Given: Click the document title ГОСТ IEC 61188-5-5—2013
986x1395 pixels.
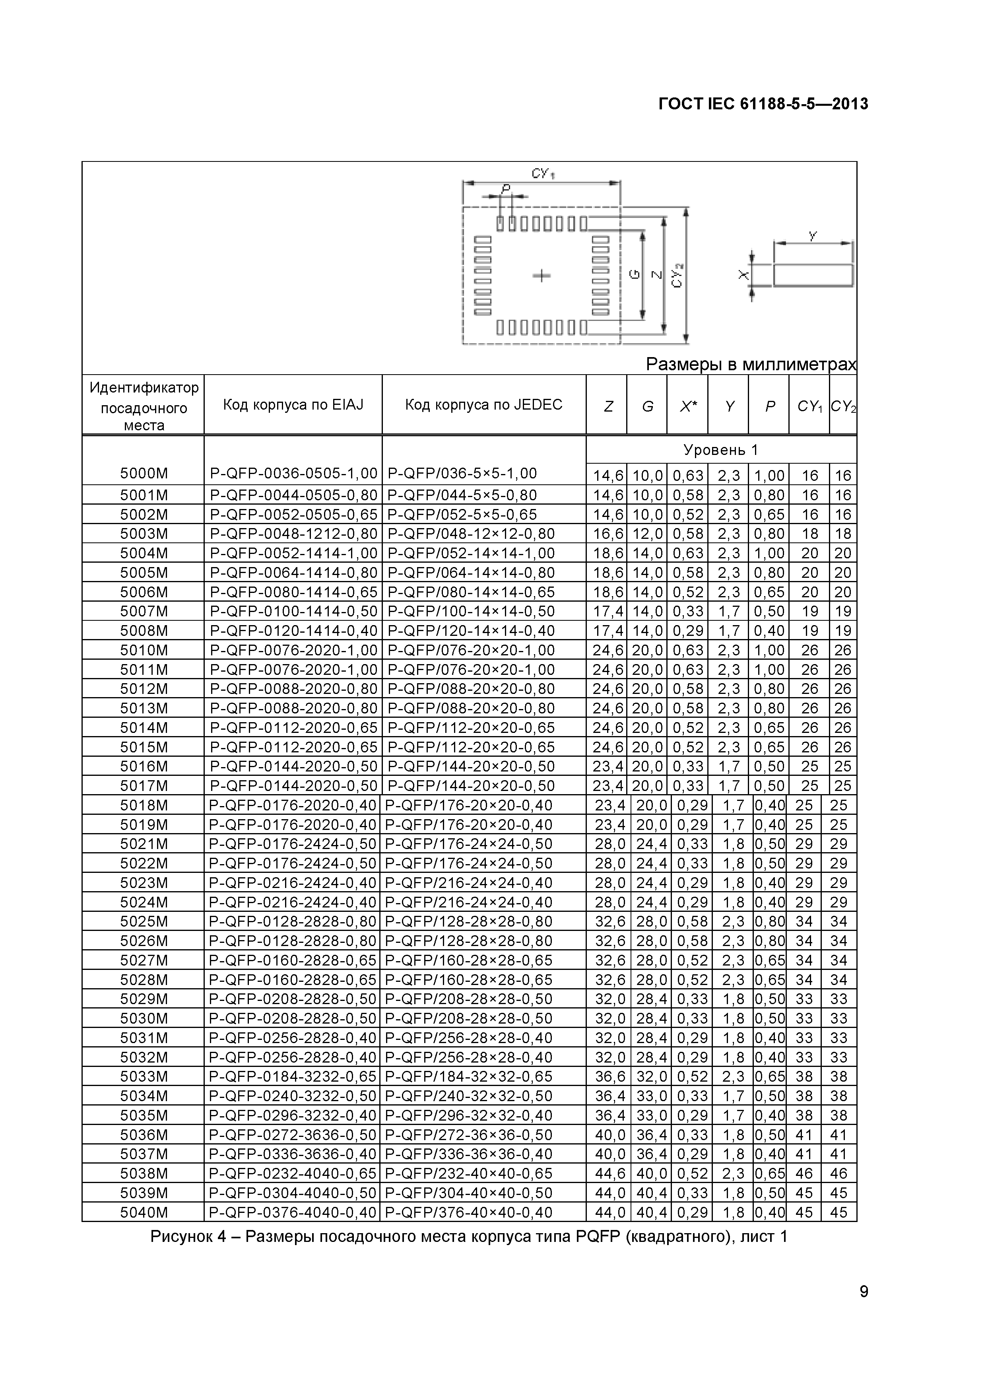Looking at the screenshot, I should tap(763, 104).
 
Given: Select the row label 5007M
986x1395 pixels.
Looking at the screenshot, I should tap(144, 611).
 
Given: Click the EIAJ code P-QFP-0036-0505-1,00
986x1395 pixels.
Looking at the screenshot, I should tap(293, 473).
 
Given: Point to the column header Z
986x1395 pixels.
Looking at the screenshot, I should tap(608, 406).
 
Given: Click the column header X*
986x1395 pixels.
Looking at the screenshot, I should tap(688, 406).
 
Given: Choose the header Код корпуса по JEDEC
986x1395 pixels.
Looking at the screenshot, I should tap(483, 405).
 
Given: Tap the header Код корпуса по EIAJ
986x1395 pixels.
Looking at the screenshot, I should tap(293, 405).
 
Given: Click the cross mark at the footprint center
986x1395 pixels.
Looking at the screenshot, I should tap(541, 276).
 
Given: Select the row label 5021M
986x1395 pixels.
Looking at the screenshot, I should tap(144, 844).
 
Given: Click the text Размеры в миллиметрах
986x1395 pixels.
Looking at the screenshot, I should tap(751, 365).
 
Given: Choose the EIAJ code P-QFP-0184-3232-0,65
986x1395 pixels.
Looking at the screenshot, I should tap(293, 1076).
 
